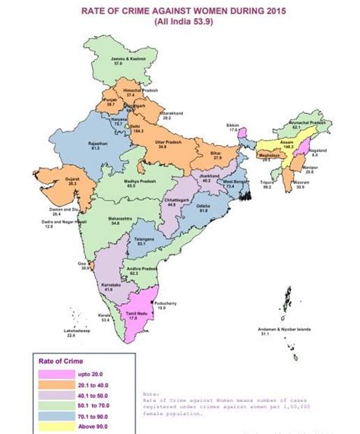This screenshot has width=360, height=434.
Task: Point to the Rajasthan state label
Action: tap(96, 144)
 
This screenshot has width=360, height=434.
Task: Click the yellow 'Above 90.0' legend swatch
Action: tap(55, 427)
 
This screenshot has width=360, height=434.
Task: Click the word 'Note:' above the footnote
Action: tap(152, 394)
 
